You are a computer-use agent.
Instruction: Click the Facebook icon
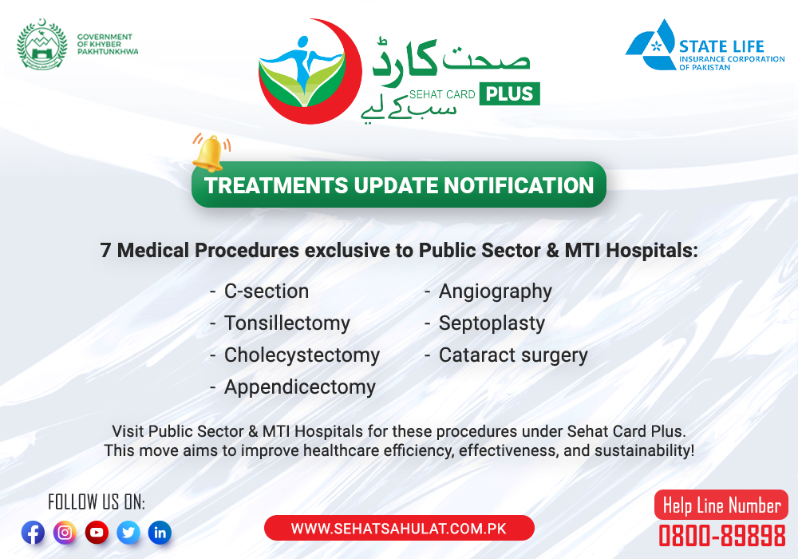[x=33, y=533]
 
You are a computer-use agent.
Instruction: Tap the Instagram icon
[x=65, y=533]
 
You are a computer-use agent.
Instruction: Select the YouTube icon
[x=97, y=533]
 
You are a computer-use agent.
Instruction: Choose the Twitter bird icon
[x=128, y=533]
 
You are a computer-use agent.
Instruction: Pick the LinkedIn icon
[x=160, y=533]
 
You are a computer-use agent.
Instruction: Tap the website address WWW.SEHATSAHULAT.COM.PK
[x=399, y=529]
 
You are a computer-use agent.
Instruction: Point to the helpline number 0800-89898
[x=722, y=536]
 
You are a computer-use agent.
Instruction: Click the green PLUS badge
[x=509, y=93]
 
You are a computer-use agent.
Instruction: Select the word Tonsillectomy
[x=287, y=323]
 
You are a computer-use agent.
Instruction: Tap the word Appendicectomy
[x=300, y=387]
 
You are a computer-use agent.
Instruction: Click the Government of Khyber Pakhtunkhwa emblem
[x=41, y=44]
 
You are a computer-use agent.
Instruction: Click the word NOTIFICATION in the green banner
[x=519, y=185]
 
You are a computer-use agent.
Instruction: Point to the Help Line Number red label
[x=721, y=505]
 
